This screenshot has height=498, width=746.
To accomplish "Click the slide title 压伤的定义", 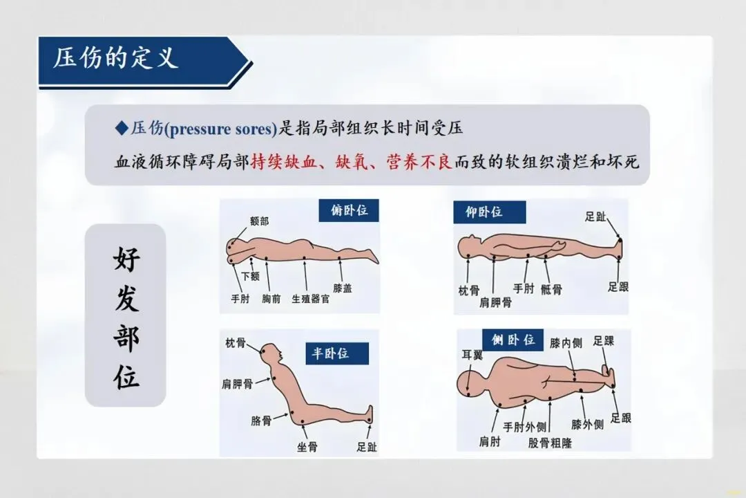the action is tap(115, 58).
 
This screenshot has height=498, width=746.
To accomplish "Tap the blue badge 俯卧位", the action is tap(349, 210).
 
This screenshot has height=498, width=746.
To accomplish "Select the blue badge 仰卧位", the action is tap(489, 212).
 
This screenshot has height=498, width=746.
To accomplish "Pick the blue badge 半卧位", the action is tap(337, 353).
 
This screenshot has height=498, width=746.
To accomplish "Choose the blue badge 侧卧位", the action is tap(513, 340).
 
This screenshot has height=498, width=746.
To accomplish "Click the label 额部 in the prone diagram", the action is tap(259, 221).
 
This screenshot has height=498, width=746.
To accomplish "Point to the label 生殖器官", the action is tap(310, 299).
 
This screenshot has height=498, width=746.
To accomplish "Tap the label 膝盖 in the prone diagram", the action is tap(343, 288).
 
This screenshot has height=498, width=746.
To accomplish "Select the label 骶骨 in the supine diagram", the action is tap(551, 289).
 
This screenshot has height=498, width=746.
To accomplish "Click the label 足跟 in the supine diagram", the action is tap(618, 286).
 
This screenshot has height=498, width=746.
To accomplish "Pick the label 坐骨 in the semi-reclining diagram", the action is tap(307, 447).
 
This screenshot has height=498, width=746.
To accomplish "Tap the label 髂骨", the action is tap(261, 421).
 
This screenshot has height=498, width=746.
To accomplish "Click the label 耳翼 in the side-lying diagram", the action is tap(472, 355).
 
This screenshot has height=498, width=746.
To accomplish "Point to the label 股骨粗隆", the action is tap(550, 443).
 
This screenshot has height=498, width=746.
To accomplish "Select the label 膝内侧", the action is tap(566, 342).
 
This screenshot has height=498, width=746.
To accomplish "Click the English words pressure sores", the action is tap(220, 129).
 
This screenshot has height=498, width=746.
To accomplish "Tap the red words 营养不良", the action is tap(419, 162).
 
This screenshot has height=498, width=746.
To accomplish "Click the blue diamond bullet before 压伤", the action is tap(122, 128).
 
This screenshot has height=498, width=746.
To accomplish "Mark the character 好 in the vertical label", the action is tap(126, 259).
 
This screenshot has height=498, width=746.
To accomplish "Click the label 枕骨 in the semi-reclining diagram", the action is tap(236, 342).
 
